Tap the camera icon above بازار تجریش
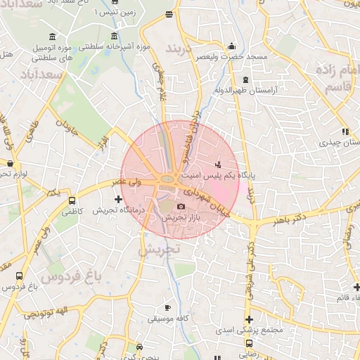tap(181, 207)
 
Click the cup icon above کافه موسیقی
tap(167, 308)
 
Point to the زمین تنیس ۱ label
tap(114, 13)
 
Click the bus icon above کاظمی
tap(72, 200)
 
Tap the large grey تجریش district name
tap(159, 249)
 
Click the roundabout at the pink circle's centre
tap(169, 180)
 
